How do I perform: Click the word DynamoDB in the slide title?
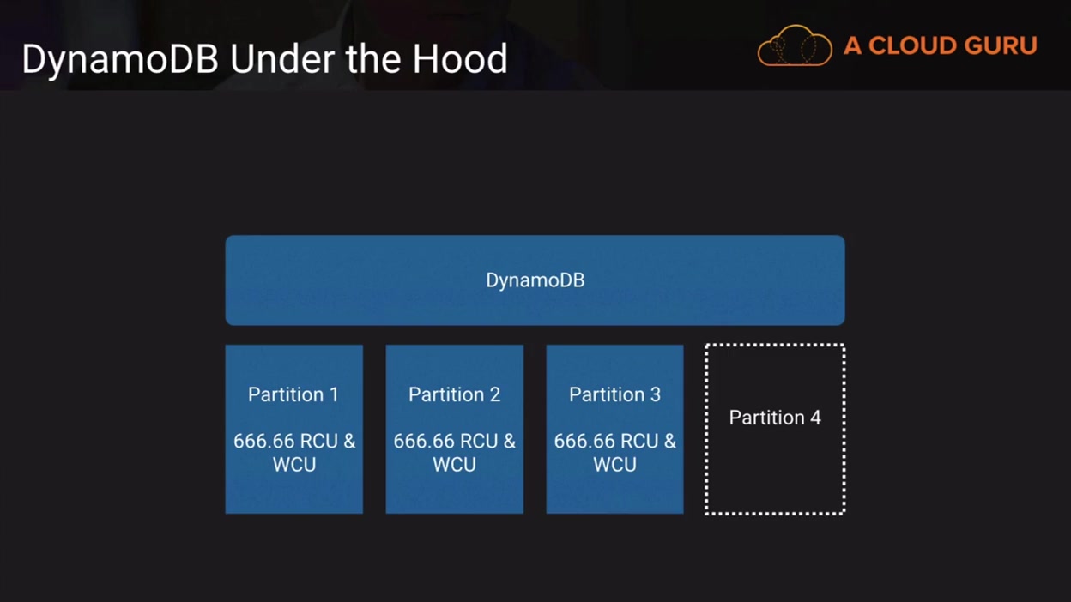coord(120,60)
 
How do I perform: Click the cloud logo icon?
coord(795,46)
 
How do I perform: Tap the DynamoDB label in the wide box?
coord(535,280)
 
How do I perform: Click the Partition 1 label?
coord(293,394)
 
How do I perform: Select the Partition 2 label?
coord(454,394)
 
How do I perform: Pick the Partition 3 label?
coord(614,394)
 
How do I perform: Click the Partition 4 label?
coord(775,418)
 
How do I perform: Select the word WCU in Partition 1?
coord(293,465)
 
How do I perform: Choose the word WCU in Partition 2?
coord(454,465)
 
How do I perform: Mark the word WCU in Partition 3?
coord(614,465)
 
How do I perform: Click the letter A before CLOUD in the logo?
coord(852,46)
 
